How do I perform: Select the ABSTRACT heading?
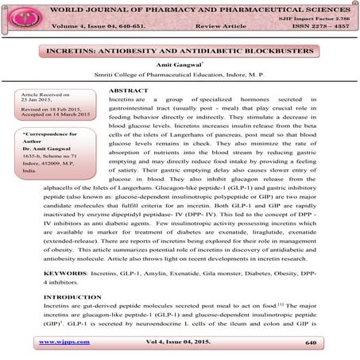126,91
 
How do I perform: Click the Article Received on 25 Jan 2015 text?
48,99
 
